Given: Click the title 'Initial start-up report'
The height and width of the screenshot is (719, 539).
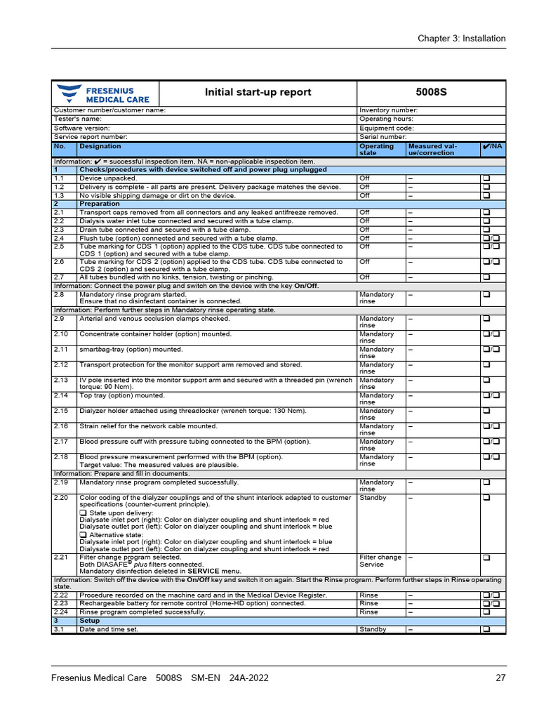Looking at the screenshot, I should pos(258,93).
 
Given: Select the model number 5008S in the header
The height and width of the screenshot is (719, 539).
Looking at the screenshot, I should pos(430,93).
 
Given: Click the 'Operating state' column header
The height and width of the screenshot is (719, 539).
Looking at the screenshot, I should pos(377,150).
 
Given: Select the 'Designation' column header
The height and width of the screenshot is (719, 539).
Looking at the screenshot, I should pos(100,146).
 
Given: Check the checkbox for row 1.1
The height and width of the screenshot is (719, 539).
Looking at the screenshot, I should pos(485,178).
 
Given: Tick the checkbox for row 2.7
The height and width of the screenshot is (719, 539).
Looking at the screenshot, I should pos(485,277).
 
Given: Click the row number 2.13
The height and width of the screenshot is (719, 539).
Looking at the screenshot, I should pos(60,381).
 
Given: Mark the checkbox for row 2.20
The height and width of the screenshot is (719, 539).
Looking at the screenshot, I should pos(485,498).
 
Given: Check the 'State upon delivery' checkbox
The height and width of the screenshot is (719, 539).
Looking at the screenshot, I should pos(83,513).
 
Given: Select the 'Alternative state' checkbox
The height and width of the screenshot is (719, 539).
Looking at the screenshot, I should pos(83,535).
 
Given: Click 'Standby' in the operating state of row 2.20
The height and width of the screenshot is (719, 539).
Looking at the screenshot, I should pos(373,498).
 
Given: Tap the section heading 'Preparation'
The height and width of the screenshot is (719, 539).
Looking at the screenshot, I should pos(99,204).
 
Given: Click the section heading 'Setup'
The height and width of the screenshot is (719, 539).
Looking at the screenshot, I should pos(89,621).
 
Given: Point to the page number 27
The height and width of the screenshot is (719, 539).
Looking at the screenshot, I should pos(500,678).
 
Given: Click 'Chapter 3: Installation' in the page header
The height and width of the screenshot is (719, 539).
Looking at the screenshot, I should pos(461,39).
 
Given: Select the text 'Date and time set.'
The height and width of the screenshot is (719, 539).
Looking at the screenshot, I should pos(109,629).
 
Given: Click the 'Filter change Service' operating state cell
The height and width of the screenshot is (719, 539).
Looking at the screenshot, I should pos(380,561).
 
